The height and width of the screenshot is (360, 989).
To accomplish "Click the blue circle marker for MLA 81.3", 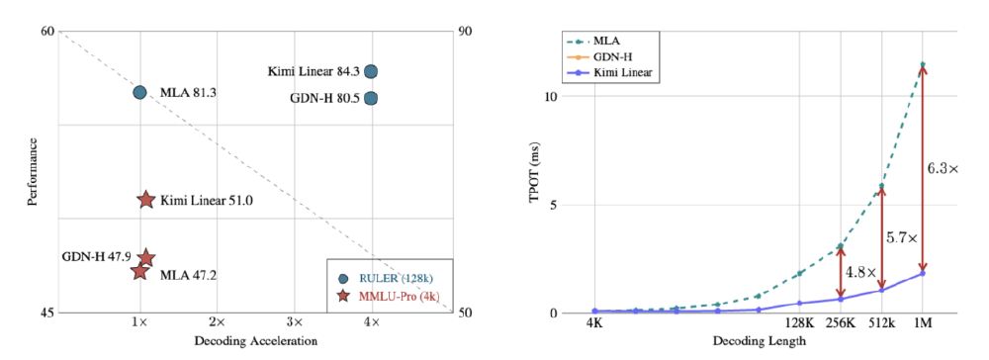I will (x=139, y=92).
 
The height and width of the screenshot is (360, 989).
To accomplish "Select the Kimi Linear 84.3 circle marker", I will (x=371, y=71).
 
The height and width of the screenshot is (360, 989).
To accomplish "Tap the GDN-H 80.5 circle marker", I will (x=371, y=98).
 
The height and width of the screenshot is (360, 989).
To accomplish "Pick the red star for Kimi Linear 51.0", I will (x=145, y=200).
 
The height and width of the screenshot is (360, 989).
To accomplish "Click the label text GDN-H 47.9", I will (x=96, y=256).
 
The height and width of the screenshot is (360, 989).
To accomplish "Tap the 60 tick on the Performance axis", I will (x=46, y=32).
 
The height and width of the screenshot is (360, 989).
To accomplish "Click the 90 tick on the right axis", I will (x=465, y=32).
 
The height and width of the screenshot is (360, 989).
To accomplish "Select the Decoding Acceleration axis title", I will (x=255, y=340).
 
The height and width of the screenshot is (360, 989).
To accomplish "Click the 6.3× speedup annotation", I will (x=942, y=169).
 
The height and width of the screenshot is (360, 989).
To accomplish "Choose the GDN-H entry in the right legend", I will (x=614, y=57).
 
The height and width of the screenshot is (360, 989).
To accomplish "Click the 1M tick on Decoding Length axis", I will (x=923, y=323).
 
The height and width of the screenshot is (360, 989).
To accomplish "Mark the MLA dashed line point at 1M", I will (x=923, y=65).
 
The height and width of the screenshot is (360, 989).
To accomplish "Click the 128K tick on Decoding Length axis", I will (x=799, y=323).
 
